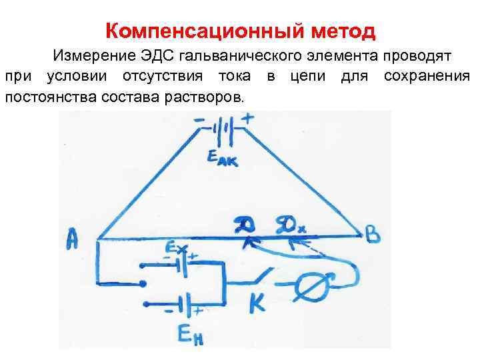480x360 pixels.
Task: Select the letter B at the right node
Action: [373, 235]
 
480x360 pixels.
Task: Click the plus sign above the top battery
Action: [248, 119]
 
